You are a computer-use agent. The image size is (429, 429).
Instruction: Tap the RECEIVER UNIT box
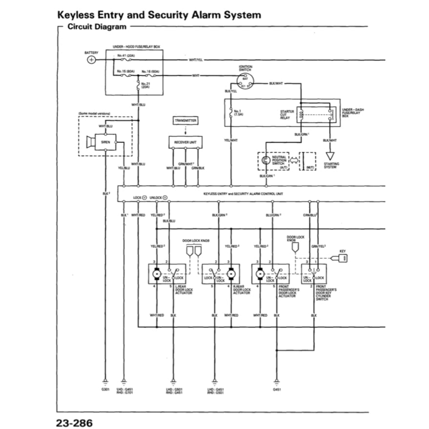pos(185,143)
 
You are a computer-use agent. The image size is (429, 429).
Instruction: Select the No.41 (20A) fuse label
pos(125,56)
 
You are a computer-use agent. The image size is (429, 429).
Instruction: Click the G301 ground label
pos(105,389)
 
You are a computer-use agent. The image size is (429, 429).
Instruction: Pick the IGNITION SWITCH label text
pos(245,68)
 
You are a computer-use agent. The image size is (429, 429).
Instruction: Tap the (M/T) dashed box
pos(308,161)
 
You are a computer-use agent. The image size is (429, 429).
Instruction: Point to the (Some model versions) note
pos(94,113)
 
